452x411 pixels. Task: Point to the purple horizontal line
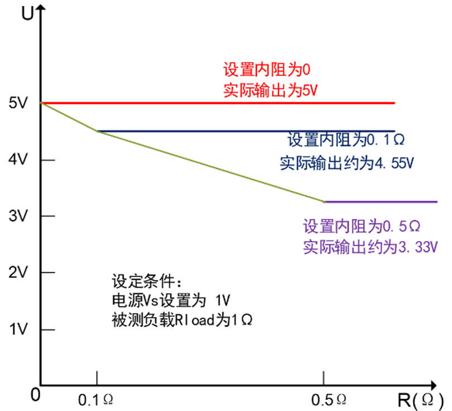pos(380,201)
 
